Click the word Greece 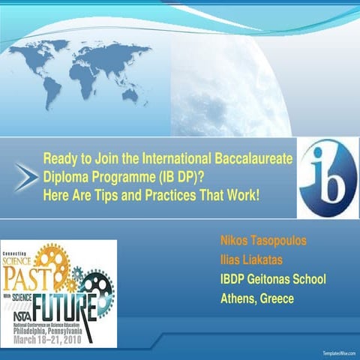[x=276, y=298]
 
